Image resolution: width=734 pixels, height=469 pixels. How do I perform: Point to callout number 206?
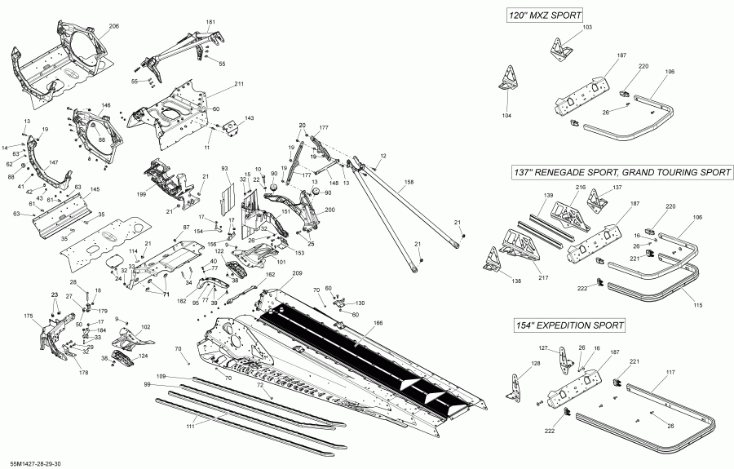tap(113, 27)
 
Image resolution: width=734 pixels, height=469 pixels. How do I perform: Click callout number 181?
tap(210, 22)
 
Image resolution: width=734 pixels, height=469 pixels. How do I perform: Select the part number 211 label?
tap(239, 85)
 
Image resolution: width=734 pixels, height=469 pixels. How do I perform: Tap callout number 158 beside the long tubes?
tap(409, 181)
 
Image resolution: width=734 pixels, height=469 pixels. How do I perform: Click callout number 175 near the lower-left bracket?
tap(28, 316)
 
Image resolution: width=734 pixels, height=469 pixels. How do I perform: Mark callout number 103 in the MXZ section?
tap(587, 28)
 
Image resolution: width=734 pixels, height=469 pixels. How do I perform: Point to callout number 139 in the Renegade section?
tap(549, 197)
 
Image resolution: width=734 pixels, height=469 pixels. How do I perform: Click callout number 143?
tap(249, 118)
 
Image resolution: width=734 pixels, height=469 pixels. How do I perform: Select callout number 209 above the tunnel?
tap(297, 272)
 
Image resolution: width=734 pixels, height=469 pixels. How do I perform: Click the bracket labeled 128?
tap(514, 386)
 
